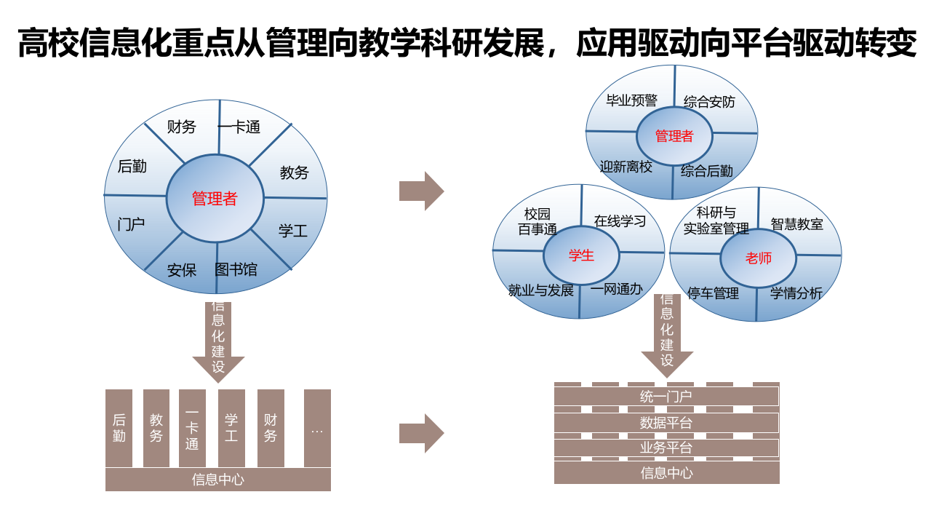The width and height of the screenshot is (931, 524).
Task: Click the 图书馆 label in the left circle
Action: (x=236, y=269)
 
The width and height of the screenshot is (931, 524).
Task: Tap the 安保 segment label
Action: (x=182, y=270)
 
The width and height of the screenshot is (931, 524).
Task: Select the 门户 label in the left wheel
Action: (x=131, y=224)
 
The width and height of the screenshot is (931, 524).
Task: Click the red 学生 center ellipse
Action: (x=581, y=255)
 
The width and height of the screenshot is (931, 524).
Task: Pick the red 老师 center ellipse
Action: (x=759, y=258)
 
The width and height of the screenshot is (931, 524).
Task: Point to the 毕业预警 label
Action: (x=631, y=100)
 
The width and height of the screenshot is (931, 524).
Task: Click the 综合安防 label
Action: (x=709, y=102)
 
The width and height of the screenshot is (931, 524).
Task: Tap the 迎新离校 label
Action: (x=626, y=167)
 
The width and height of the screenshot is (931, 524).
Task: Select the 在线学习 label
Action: (x=620, y=221)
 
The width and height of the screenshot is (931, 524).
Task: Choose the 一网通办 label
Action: (x=616, y=289)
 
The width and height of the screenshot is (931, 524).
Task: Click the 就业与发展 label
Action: (x=541, y=290)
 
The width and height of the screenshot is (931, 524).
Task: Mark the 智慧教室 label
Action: (x=796, y=223)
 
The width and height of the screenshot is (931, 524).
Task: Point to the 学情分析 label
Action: (x=796, y=293)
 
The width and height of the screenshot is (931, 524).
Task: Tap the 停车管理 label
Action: (x=713, y=293)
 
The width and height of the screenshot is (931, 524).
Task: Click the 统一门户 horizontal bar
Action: (x=666, y=397)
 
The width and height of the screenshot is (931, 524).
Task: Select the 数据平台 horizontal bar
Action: (x=666, y=423)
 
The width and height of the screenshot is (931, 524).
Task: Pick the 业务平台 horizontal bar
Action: (x=666, y=448)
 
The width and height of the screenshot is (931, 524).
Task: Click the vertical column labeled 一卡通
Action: (x=192, y=428)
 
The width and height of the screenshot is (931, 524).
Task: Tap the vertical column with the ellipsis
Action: (x=317, y=428)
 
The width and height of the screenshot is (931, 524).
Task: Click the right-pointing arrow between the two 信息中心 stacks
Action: (x=421, y=434)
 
